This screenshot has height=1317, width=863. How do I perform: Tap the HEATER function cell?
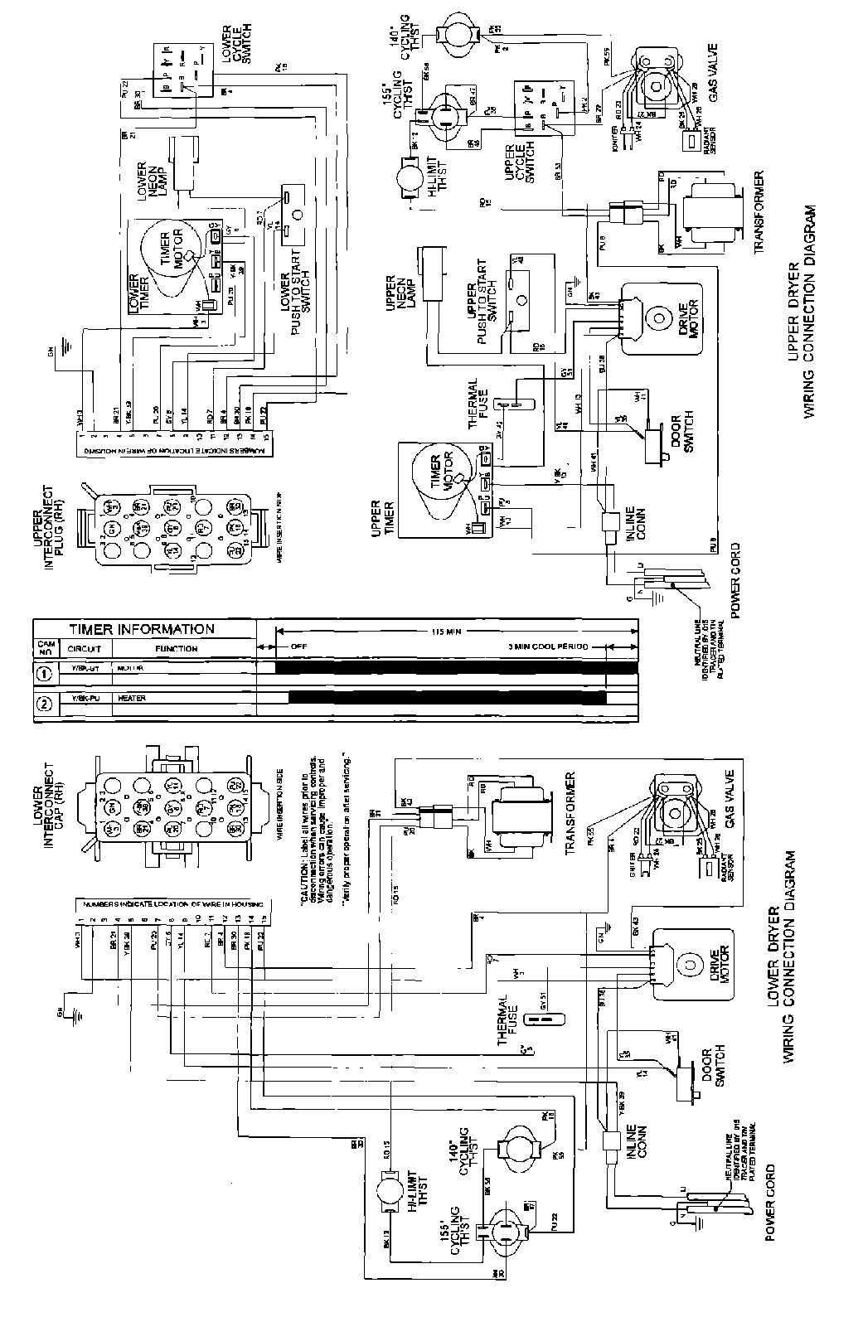click(133, 699)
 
